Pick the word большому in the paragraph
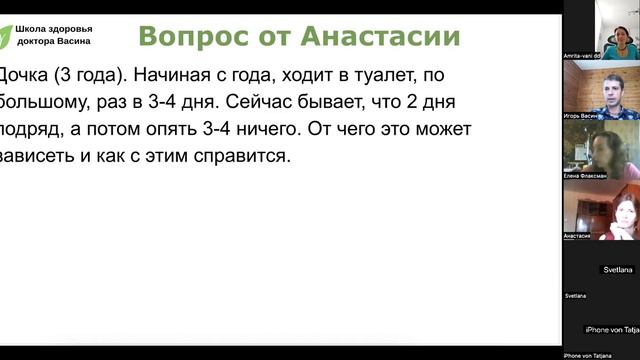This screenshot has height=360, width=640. click(x=42, y=101)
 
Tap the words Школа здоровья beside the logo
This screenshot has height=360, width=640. click(x=60, y=28)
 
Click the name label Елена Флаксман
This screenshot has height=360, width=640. click(x=586, y=175)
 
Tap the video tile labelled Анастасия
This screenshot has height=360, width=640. click(x=600, y=212)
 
